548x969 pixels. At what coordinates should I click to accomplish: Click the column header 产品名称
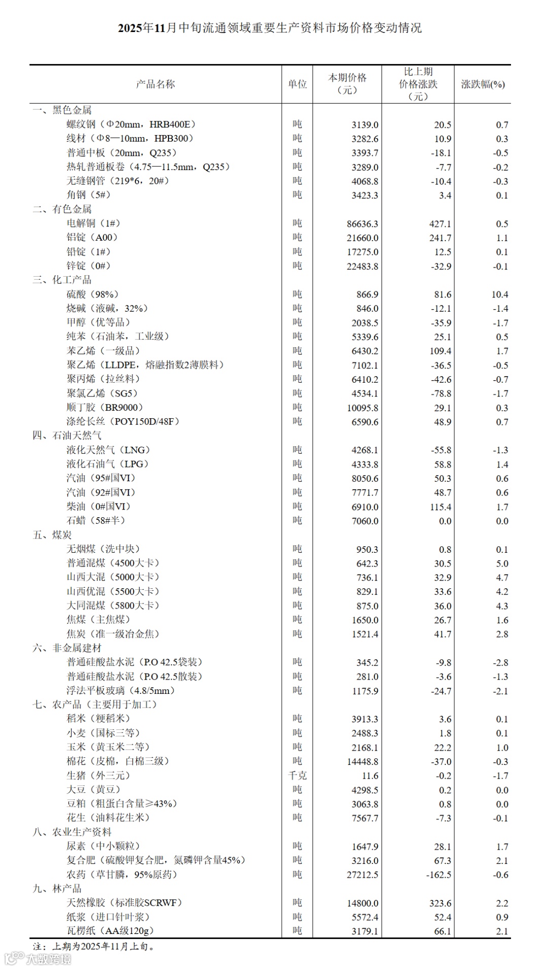pos(155,84)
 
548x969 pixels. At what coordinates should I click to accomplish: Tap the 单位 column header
pos(297,84)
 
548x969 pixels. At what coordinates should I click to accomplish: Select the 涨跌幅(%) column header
pos(483,84)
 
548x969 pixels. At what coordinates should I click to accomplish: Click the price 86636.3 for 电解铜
pos(362,224)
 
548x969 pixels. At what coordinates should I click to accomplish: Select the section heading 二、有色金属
pos(62,209)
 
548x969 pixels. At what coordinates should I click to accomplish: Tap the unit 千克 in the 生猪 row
pos(297,776)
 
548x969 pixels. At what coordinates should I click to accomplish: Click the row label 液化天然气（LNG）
pos(109,450)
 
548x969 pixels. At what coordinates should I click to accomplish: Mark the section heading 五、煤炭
pos(52,535)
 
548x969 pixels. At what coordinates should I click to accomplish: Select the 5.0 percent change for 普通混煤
pos(502,563)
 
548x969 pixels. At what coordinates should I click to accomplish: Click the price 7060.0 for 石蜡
pos(365,521)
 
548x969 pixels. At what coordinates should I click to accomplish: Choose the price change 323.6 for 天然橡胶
pos(439,903)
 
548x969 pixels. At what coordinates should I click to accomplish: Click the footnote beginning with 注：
pos(94,946)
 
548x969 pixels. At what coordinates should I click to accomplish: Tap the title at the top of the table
pos(270,28)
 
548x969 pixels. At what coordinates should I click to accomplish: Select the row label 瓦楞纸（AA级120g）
pos(110,931)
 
